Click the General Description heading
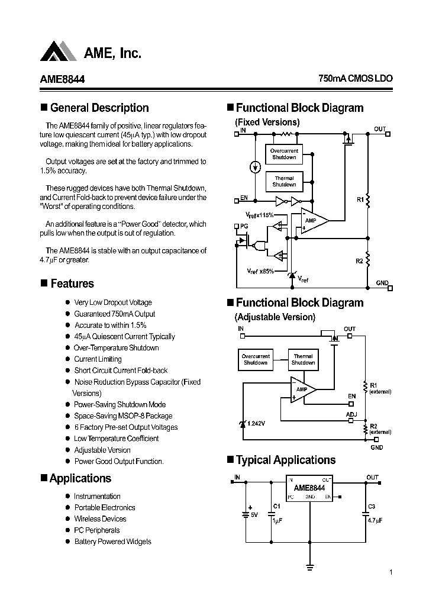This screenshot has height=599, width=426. pyautogui.click(x=99, y=108)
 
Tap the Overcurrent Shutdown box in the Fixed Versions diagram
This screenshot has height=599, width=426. pyautogui.click(x=284, y=154)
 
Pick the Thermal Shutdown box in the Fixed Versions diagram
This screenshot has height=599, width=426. pyautogui.click(x=284, y=181)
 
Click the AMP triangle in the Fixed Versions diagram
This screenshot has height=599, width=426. pyautogui.click(x=312, y=221)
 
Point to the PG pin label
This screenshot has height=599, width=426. pyautogui.click(x=243, y=226)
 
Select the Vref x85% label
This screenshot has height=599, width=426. pyautogui.click(x=260, y=270)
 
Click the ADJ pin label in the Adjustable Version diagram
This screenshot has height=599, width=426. pyautogui.click(x=351, y=414)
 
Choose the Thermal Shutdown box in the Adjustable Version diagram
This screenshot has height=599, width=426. pyautogui.click(x=303, y=359)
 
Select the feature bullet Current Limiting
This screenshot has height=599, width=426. pyautogui.click(x=98, y=359)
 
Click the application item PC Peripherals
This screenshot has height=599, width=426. pyautogui.click(x=96, y=530)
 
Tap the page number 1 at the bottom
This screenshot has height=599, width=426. pyautogui.click(x=391, y=572)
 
